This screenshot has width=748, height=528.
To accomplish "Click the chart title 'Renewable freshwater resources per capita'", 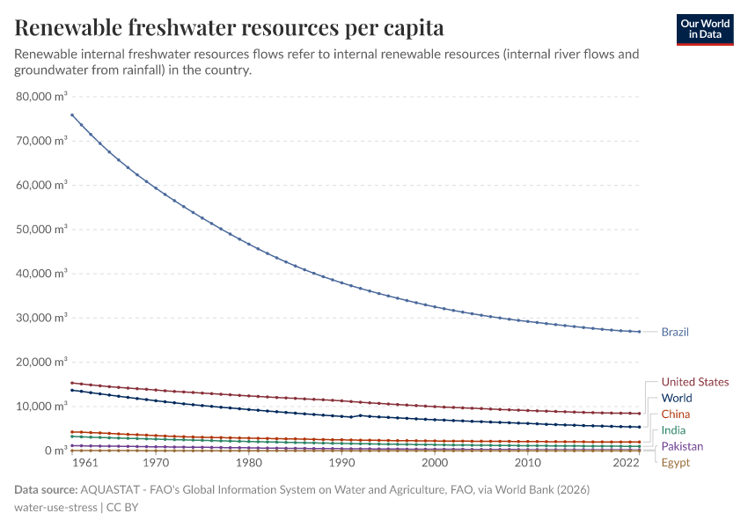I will pos(229,28).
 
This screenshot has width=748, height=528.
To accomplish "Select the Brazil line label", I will pos(675,332).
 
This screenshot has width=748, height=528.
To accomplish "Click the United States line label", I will pos(695,382).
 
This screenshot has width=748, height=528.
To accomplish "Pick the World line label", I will pos(677,398).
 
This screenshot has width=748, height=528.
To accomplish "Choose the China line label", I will pos(676,414).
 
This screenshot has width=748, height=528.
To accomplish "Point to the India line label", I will pos(674,430).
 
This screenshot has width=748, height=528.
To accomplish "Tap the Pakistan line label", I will pos(682,446).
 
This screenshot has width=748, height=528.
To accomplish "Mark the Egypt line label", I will pos(676,463).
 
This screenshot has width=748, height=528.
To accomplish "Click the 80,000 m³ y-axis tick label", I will pos(41,96).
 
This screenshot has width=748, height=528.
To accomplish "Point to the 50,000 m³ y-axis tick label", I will pos(41,229).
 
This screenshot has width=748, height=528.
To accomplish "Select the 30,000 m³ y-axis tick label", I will pos(41,318).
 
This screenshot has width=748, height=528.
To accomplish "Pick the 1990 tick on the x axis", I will pos(342,463).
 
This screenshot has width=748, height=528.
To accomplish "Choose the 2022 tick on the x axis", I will pos(626,463).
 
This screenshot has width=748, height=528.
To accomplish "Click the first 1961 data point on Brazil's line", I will pos(71,114).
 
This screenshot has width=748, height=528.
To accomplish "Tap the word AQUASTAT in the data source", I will pos(110,489).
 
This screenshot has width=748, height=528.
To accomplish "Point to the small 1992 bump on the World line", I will pos(361,415).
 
